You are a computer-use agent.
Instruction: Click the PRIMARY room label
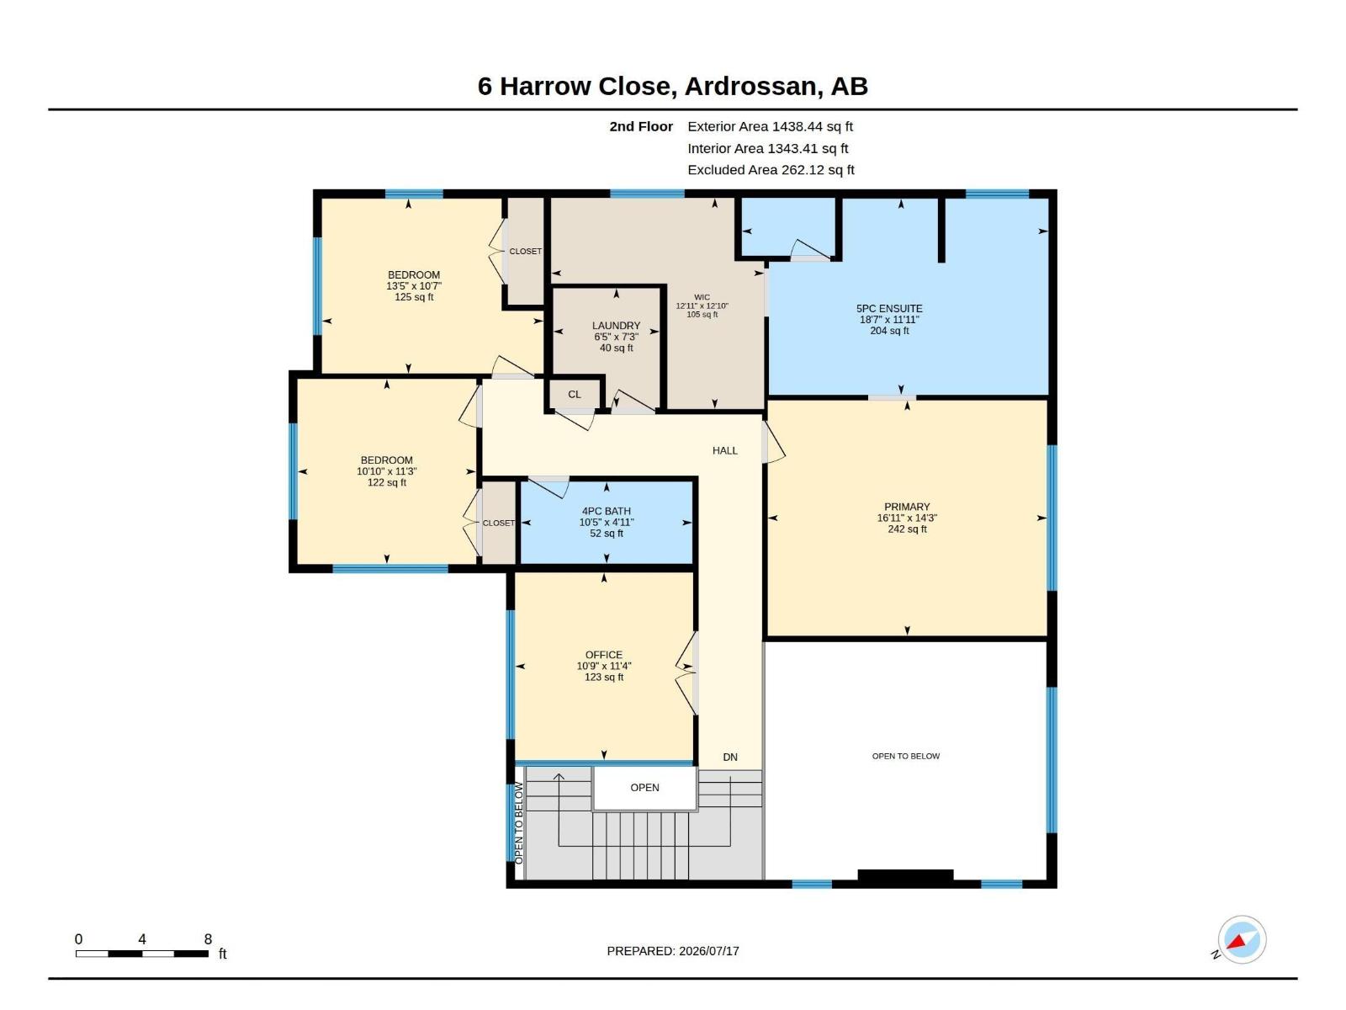click(907, 507)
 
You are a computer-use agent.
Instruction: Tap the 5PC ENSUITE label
click(889, 308)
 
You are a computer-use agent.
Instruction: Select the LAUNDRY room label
click(617, 326)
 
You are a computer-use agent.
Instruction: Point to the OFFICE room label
click(604, 655)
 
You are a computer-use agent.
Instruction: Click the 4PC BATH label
click(607, 511)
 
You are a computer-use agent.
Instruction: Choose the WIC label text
click(702, 297)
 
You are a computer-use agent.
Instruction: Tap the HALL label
click(725, 451)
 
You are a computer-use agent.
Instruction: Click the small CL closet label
click(575, 394)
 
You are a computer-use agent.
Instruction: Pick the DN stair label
click(730, 757)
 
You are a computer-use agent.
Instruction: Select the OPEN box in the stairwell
click(645, 788)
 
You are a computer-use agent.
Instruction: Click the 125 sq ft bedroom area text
click(414, 297)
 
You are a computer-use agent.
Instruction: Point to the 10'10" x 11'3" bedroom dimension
click(386, 471)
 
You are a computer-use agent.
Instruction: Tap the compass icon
click(1242, 939)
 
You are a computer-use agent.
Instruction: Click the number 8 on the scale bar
click(208, 938)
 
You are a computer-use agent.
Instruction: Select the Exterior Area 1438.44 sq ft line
click(771, 126)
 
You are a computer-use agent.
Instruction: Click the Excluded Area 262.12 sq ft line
click(771, 170)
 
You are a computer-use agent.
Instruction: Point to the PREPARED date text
click(673, 951)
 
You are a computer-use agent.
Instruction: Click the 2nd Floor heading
click(641, 126)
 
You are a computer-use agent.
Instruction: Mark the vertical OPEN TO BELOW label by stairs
click(519, 824)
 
